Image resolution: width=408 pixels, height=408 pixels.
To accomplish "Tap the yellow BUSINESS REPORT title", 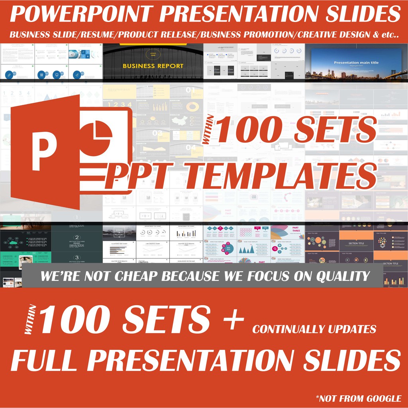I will pos(153,66).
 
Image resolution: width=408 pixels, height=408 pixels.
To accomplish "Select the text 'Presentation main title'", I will pos(356,63).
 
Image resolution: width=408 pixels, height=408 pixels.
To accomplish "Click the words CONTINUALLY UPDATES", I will pos(314,329).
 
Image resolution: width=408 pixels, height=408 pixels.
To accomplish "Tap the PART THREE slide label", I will pos(296,230).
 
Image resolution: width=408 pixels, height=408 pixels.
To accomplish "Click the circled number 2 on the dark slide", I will pos(77,226).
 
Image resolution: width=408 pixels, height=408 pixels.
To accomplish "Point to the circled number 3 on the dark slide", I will pos(77,257).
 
